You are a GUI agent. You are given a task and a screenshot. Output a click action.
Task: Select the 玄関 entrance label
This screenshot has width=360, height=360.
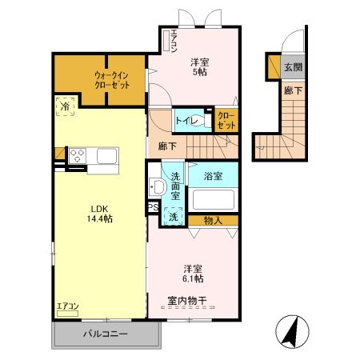tap(294, 67)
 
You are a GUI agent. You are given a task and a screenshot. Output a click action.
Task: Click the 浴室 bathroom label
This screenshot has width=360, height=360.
tap(212, 174)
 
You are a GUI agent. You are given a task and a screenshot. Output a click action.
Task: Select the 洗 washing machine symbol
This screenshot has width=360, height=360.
tap(173, 216)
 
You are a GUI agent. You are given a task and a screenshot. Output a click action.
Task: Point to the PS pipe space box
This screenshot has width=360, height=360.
tap(152, 208)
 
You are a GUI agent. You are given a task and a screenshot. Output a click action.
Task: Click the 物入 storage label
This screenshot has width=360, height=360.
tap(213, 219)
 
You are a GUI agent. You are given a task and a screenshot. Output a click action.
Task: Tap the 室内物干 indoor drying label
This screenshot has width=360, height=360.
tap(188, 301)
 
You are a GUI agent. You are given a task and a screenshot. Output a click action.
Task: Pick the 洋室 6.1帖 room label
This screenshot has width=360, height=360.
tap(192, 273)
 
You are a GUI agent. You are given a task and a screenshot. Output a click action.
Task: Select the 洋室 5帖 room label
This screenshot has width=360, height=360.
tap(200, 67)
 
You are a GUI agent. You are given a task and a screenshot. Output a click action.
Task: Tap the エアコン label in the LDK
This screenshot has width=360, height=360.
tap(67, 306)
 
